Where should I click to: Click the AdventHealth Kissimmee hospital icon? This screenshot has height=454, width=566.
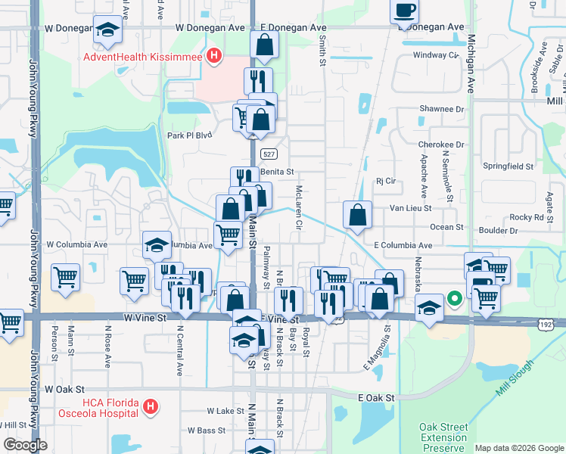click(x=214, y=55)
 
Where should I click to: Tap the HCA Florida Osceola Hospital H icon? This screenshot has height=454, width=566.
click(x=151, y=407)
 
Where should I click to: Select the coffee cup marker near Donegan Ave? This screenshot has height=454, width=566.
click(x=404, y=11)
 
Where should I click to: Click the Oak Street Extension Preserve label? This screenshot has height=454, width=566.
click(x=443, y=437)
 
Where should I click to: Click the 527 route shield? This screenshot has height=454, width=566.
click(x=268, y=154)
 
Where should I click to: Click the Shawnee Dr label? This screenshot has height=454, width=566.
click(x=441, y=109)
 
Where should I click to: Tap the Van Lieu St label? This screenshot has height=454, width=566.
click(x=410, y=207)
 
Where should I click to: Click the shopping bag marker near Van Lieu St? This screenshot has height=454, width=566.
click(x=357, y=215)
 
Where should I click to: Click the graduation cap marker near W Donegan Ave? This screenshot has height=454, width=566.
click(x=107, y=30)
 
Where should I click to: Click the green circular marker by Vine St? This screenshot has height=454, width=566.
click(x=454, y=299)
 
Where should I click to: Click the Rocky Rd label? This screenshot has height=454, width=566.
click(x=527, y=217)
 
